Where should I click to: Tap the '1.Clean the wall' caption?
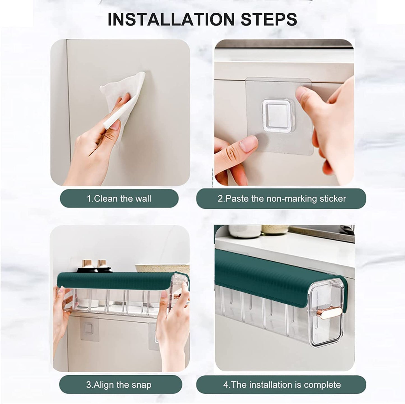(x=119, y=198)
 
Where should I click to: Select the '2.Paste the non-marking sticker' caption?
(x=281, y=198)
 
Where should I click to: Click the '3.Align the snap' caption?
(x=119, y=384)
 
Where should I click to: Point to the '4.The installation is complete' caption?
(x=282, y=384)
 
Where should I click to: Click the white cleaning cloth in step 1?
(x=123, y=93)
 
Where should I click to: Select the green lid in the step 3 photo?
(x=115, y=279)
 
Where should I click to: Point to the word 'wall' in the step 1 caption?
(x=143, y=198)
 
